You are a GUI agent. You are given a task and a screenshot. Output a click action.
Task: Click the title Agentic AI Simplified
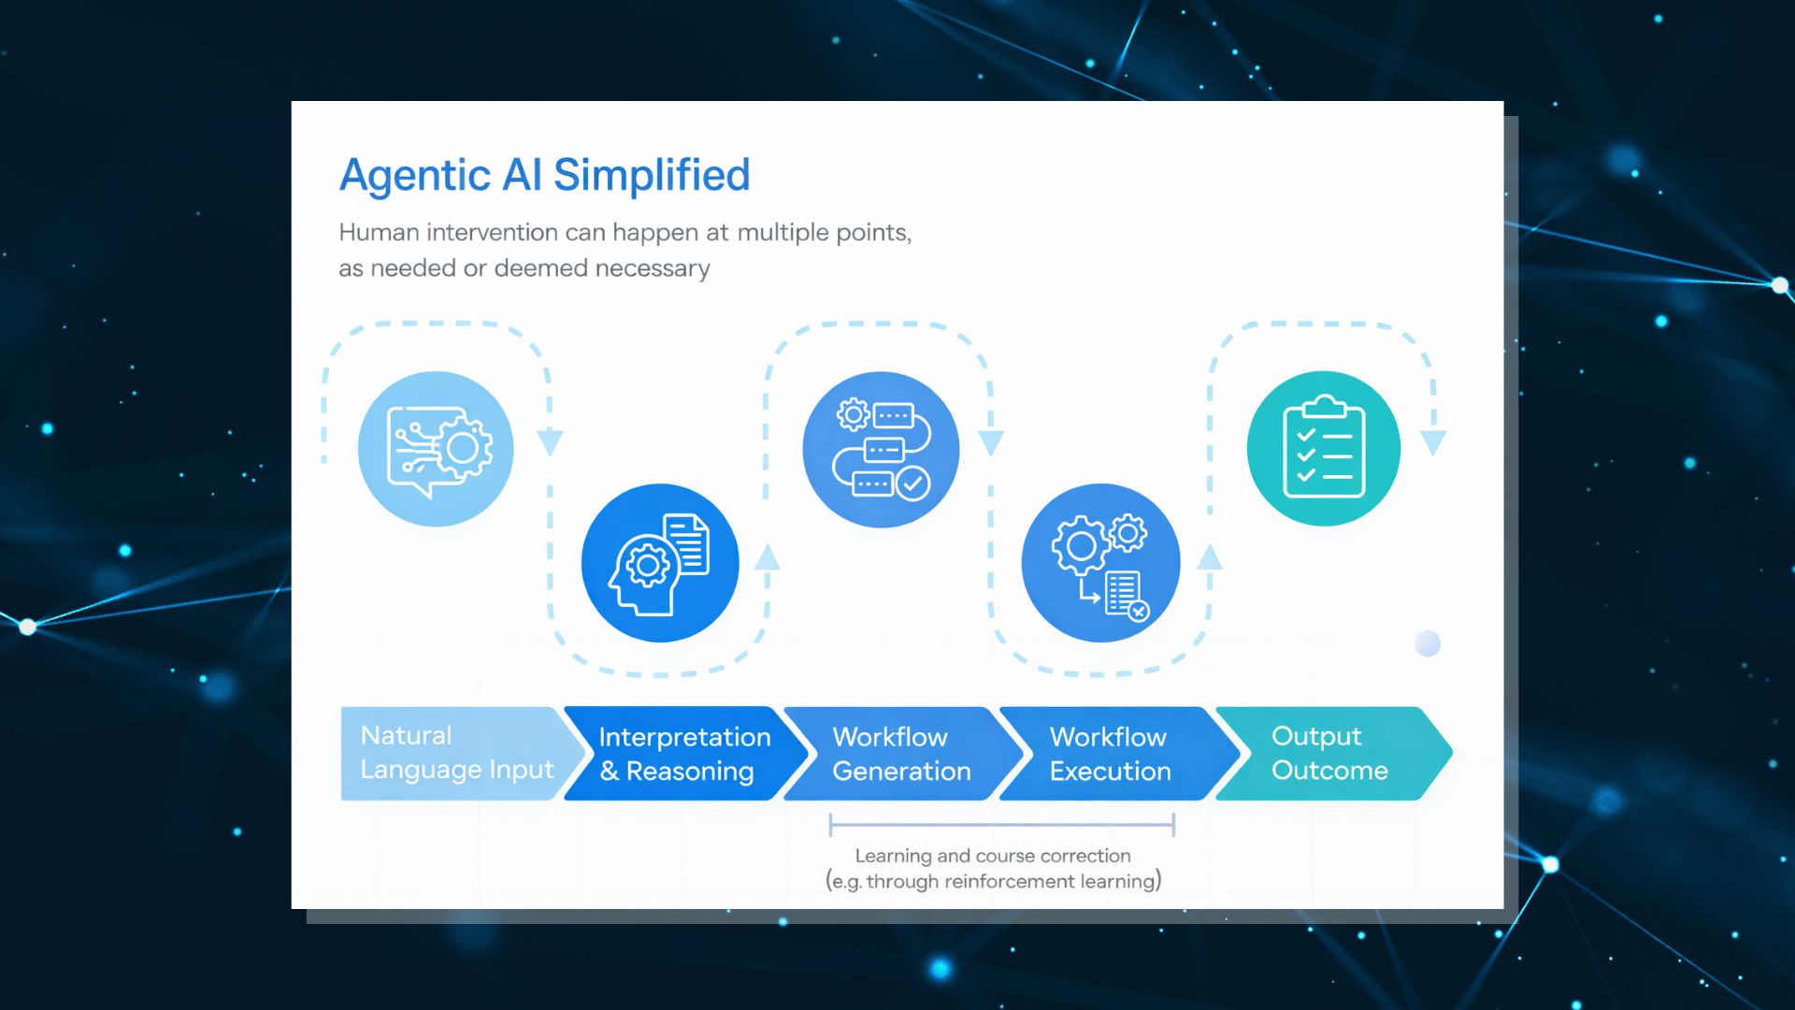point(544,175)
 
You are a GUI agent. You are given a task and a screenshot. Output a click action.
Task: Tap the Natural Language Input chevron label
point(456,753)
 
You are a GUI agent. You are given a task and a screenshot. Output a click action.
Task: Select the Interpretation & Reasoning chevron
point(683,754)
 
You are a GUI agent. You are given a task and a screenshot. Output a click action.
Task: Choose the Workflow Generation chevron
point(901,754)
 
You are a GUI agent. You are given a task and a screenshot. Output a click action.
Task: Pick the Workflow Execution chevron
point(1110,754)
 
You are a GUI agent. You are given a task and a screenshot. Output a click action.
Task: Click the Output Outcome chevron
point(1329,753)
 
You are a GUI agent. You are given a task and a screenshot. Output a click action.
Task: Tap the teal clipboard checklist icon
point(1324,449)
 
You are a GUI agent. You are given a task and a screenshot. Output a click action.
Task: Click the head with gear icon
point(660,563)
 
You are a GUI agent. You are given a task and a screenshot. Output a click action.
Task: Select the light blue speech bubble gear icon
point(436,449)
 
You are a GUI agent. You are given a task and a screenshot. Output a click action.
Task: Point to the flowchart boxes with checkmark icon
point(881,449)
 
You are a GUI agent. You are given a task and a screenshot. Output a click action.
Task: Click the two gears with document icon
point(1100,563)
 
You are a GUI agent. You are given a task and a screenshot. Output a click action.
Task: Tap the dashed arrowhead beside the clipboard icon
point(1433,442)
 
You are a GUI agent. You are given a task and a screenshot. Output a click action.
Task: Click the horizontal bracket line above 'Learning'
point(1001,825)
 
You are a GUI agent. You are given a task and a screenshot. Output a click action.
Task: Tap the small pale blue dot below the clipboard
point(1428,643)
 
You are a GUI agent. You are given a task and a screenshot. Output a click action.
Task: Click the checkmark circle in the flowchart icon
point(912,483)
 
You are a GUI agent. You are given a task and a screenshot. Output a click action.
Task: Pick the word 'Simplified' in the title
point(652,175)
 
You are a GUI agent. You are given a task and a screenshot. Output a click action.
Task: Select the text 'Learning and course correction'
point(993,856)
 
